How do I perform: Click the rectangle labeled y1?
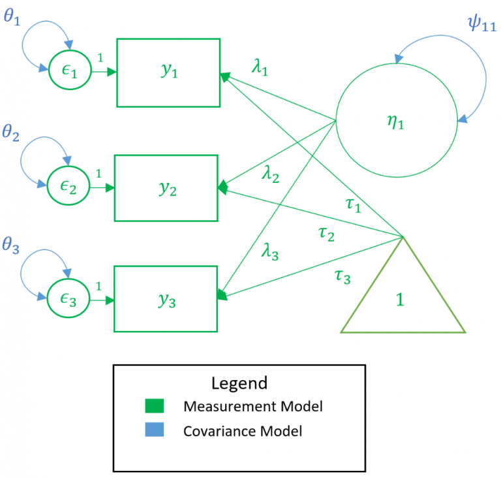pyautogui.click(x=168, y=72)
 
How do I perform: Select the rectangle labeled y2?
pyautogui.click(x=166, y=188)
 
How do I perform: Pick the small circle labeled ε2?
pyautogui.click(x=67, y=188)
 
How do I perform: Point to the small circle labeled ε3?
pyautogui.click(x=67, y=300)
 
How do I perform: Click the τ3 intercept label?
pyautogui.click(x=342, y=276)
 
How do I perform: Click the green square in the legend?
pyautogui.click(x=153, y=406)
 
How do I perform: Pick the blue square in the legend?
pyautogui.click(x=153, y=430)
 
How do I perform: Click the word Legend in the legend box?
pyautogui.click(x=239, y=383)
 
